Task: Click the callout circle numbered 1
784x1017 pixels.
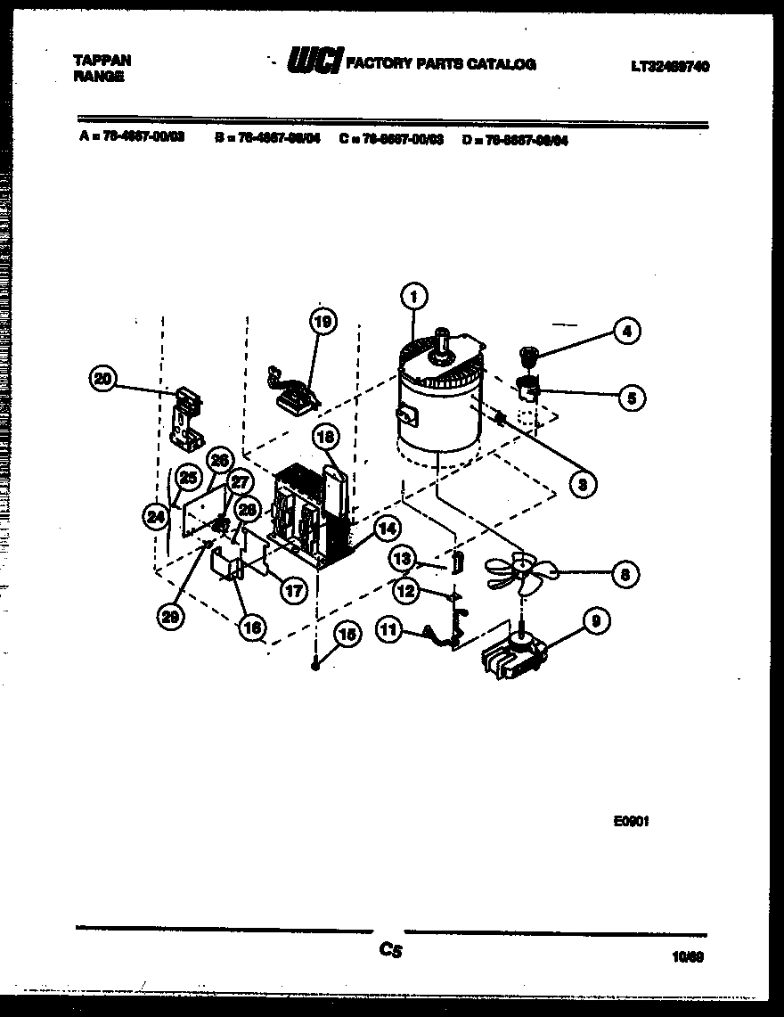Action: (414, 296)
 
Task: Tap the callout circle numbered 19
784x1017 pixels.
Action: (323, 321)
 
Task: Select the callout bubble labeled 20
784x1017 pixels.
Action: (104, 379)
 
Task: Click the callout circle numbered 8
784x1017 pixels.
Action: (625, 575)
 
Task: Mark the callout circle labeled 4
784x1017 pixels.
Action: (626, 332)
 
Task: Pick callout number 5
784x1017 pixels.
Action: (631, 398)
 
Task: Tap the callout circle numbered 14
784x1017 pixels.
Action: (387, 528)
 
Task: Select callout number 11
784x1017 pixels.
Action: (388, 630)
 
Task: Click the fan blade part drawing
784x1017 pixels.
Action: (517, 570)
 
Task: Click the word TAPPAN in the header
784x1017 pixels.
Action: (102, 61)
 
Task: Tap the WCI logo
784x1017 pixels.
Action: (314, 62)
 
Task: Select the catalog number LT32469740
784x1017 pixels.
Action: (670, 66)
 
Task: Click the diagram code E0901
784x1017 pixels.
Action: (631, 822)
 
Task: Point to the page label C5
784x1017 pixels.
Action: (390, 952)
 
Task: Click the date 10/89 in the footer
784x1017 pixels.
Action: (689, 957)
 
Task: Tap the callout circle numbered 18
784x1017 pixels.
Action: (325, 437)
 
